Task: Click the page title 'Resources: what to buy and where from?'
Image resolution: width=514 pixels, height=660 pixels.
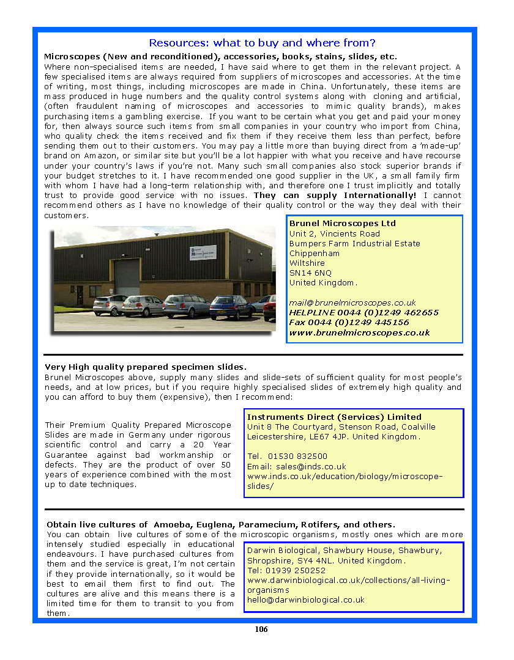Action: pos(262,43)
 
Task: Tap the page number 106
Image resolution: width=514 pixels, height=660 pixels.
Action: pos(261,629)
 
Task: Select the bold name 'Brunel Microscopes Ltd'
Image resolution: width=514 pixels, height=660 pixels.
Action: pos(343,224)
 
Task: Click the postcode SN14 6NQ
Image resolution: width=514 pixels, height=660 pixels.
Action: pos(310,273)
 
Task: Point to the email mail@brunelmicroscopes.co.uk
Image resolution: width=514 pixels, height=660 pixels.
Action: pos(352,302)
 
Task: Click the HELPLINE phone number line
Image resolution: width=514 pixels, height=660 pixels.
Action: pos(363,312)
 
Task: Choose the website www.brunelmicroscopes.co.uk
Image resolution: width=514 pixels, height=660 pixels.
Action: pos(359,332)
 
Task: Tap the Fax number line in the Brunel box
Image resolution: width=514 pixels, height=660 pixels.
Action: pos(349,322)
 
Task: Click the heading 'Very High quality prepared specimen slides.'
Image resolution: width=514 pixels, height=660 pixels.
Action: pos(146,367)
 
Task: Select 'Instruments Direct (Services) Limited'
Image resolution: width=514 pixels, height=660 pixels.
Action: pos(334,417)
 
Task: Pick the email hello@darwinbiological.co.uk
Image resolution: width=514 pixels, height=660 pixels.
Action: pos(305,599)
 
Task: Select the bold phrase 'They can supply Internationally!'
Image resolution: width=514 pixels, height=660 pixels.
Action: pos(335,195)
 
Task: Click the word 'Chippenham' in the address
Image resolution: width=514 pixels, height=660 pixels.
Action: pos(315,253)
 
